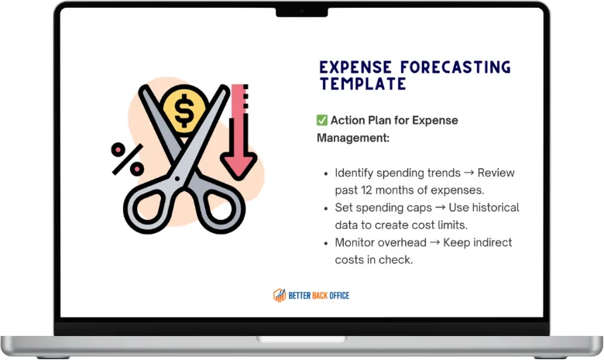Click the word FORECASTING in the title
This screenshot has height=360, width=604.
click(x=455, y=67)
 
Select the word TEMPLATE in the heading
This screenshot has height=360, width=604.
click(x=362, y=84)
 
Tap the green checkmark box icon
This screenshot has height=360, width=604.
click(x=322, y=120)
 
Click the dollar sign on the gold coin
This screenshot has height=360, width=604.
click(x=184, y=111)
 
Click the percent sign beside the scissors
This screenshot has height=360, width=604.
click(x=127, y=159)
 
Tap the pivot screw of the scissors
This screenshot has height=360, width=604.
click(x=177, y=179)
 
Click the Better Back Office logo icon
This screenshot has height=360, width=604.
click(x=280, y=295)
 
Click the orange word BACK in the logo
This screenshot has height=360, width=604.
click(x=319, y=296)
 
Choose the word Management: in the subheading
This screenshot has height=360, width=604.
click(x=353, y=138)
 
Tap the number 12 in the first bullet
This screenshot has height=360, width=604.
click(x=367, y=190)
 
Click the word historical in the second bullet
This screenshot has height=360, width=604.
click(x=496, y=207)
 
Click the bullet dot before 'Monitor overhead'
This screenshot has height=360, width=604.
click(x=326, y=243)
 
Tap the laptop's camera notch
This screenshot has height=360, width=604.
click(x=302, y=12)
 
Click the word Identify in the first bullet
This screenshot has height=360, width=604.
click(x=354, y=173)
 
